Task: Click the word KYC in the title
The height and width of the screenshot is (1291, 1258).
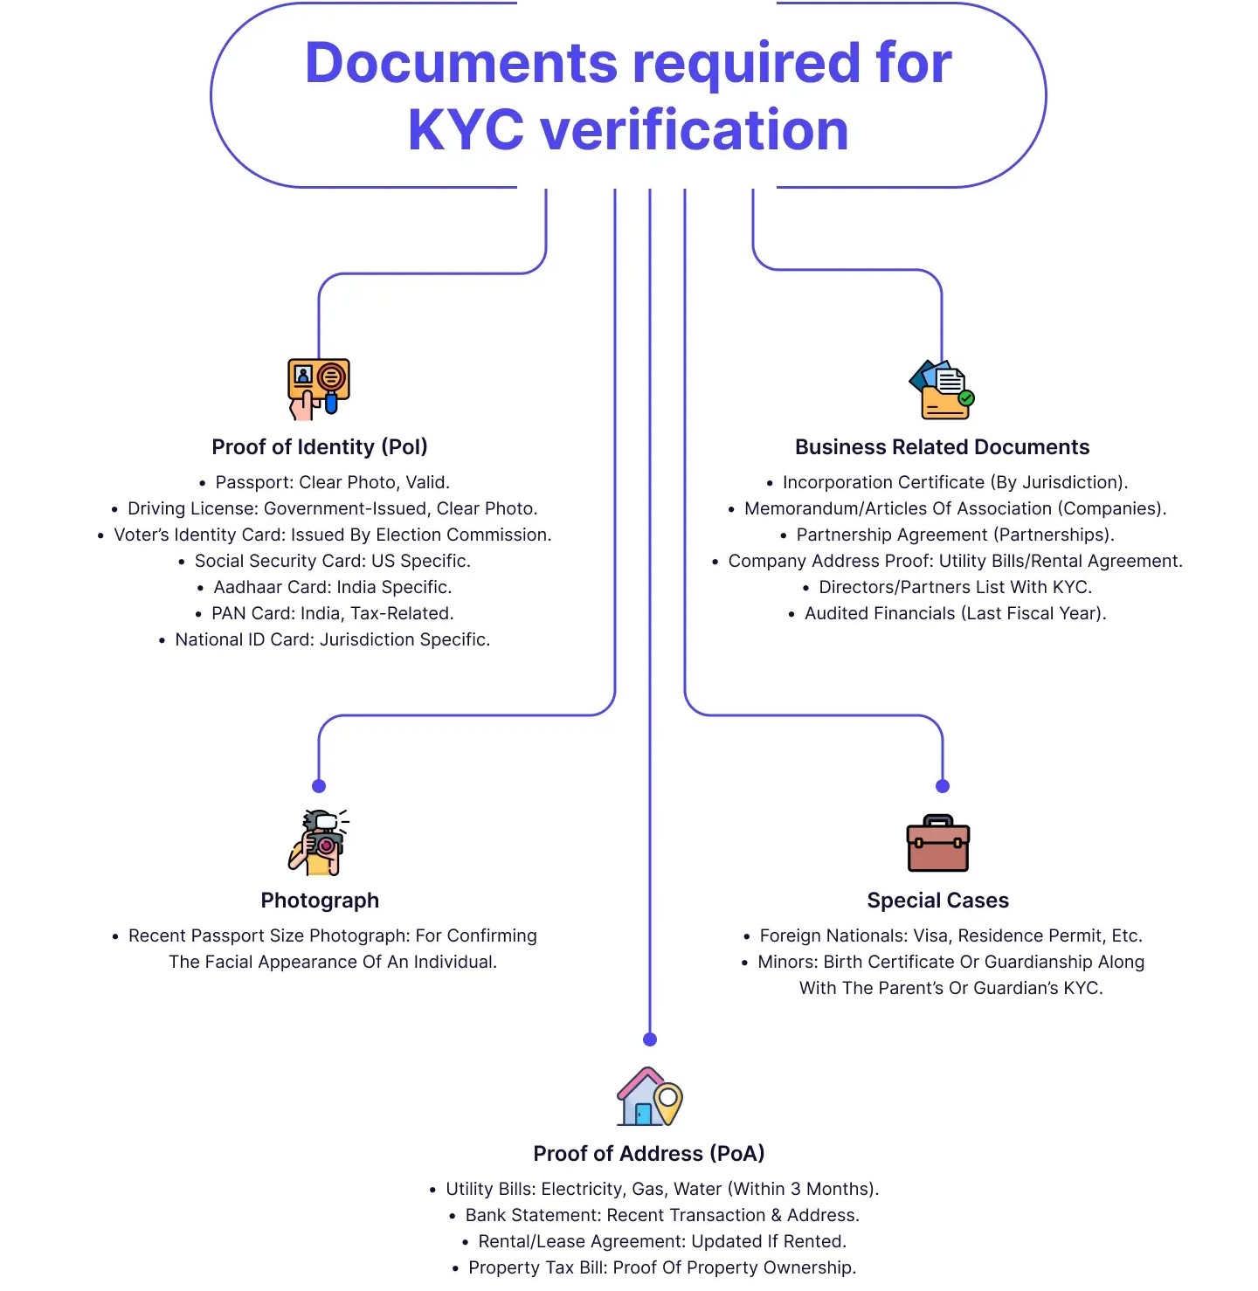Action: [x=466, y=130]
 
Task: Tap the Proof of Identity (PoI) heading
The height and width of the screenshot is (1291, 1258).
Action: [x=320, y=447]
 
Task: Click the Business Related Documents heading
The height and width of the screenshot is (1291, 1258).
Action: [x=942, y=447]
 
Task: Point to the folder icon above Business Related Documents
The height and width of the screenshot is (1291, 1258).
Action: [x=942, y=390]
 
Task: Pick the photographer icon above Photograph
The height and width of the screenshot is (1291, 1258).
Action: [x=319, y=842]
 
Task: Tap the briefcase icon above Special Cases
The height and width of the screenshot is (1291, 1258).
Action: [x=938, y=844]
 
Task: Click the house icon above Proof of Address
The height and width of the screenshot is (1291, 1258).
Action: [x=649, y=1097]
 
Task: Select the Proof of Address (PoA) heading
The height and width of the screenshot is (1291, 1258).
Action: [x=649, y=1154]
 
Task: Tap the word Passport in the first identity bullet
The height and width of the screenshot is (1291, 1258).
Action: [x=253, y=482]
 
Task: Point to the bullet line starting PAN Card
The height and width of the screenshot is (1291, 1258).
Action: [x=332, y=613]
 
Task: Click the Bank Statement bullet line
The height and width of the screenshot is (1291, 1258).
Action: [x=661, y=1215]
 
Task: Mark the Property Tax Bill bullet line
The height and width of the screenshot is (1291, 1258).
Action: [x=661, y=1267]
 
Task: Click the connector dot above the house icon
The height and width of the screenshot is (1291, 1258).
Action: [x=650, y=1039]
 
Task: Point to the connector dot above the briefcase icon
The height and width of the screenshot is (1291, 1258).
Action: [x=943, y=786]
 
